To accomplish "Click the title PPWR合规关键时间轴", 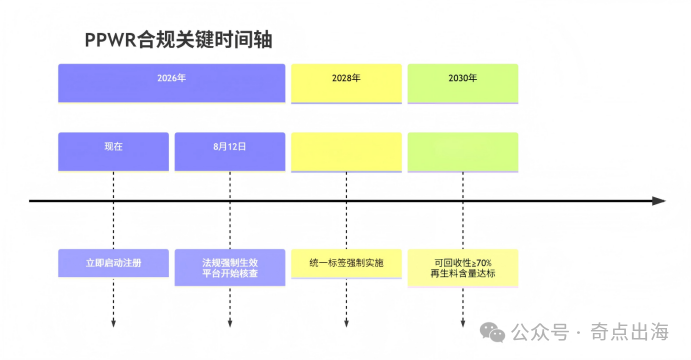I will tap(179, 40).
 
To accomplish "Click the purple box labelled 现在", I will tap(113, 151).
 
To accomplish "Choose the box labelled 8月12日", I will tap(230, 151).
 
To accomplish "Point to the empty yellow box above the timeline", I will tap(346, 151).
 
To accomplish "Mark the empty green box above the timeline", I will tap(463, 151).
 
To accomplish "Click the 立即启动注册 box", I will tap(113, 266).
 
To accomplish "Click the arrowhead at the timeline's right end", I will tap(658, 201).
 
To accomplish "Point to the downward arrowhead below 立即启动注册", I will tap(113, 321).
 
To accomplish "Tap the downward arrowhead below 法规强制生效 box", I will tap(230, 321).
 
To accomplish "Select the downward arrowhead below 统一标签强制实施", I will tap(346, 321).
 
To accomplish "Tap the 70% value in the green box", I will tap(482, 261).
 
